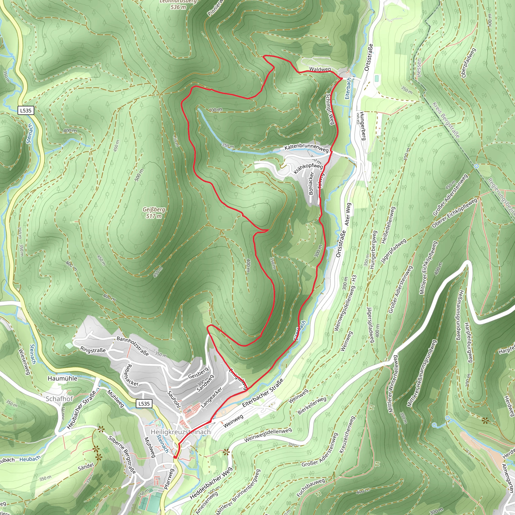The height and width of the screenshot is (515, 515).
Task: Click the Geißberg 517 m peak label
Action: (x=154, y=213)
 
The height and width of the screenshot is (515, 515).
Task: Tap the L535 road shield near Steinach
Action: (x=26, y=110)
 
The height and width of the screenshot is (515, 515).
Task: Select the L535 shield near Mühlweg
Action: (x=144, y=404)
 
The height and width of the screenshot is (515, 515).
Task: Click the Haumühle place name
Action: (x=62, y=378)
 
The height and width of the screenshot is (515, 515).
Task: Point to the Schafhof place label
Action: (x=59, y=399)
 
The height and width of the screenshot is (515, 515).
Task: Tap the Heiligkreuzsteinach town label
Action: (x=181, y=432)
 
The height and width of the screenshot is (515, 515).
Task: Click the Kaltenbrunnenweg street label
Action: (x=306, y=148)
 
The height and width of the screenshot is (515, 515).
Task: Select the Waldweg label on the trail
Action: (x=320, y=69)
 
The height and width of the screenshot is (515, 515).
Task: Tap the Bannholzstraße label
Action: (x=133, y=346)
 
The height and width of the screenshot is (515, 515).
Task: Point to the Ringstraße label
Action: (x=93, y=350)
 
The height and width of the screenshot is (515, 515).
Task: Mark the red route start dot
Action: (x=175, y=457)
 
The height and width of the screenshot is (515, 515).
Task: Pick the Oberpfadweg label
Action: (x=468, y=63)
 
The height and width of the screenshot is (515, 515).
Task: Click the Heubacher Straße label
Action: (x=81, y=410)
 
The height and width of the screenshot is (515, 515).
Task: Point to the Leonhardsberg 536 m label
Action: (x=178, y=4)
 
